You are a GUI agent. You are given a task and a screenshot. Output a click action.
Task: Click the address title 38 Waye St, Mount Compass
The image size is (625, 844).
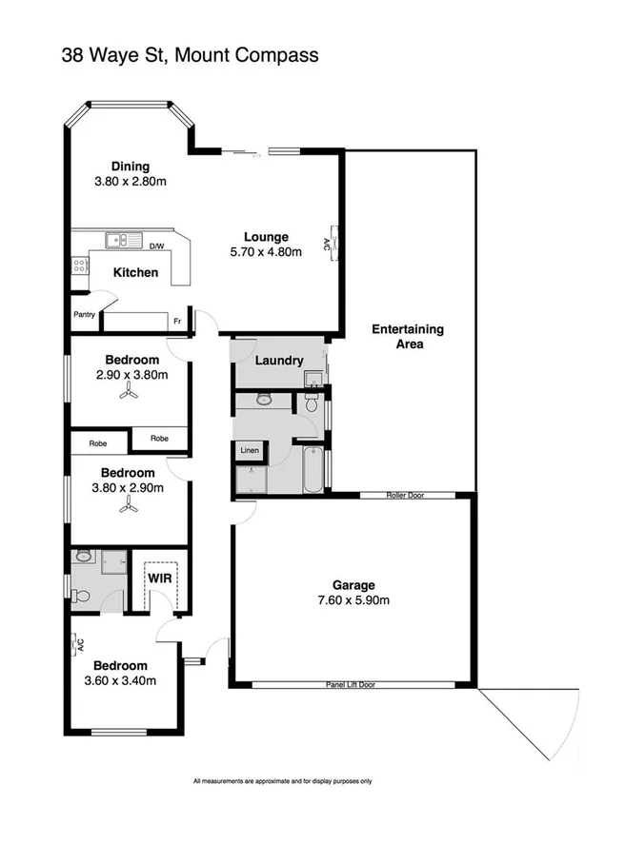click(x=189, y=55)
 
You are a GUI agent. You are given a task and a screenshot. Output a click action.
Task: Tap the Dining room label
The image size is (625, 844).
click(x=130, y=167)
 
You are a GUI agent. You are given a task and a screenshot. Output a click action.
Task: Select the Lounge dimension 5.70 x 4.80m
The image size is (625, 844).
click(x=266, y=252)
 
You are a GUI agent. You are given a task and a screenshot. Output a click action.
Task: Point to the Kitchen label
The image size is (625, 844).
click(x=135, y=273)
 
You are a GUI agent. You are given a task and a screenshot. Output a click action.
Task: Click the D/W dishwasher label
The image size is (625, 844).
click(x=158, y=246)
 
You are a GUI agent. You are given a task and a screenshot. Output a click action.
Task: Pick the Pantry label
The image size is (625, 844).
click(x=84, y=314)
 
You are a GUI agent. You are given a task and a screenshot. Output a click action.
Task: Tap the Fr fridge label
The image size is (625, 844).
click(x=176, y=322)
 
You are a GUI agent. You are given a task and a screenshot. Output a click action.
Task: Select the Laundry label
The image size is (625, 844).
click(x=279, y=361)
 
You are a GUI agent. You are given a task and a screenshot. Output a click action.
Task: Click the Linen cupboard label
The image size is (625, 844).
click(x=250, y=449)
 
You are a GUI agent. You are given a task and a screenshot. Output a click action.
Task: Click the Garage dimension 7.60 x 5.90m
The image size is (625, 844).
click(x=353, y=599)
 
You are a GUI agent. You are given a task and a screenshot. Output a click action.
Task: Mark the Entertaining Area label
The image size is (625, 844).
click(x=408, y=337)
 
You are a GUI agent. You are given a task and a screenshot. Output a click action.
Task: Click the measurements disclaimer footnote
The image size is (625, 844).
click(x=282, y=782)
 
